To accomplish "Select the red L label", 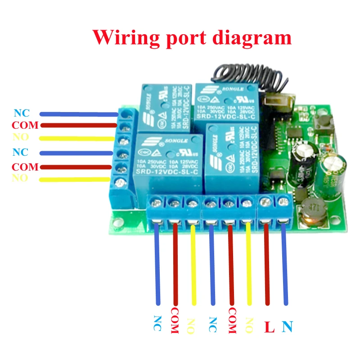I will point(269,327).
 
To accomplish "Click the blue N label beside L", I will point(287,326).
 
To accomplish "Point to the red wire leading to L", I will point(267,265).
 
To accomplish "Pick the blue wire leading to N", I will point(285,265).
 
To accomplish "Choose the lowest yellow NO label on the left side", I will point(20,179).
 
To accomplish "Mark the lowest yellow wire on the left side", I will point(76,180).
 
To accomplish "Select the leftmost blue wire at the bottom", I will point(157,265).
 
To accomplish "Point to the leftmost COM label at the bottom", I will point(175,321).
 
